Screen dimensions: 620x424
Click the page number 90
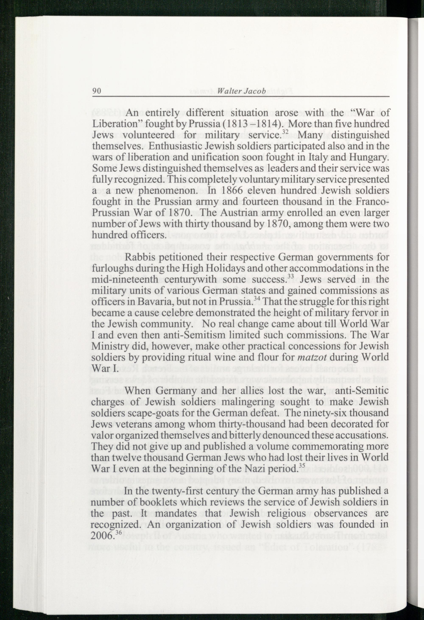tap(96, 92)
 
